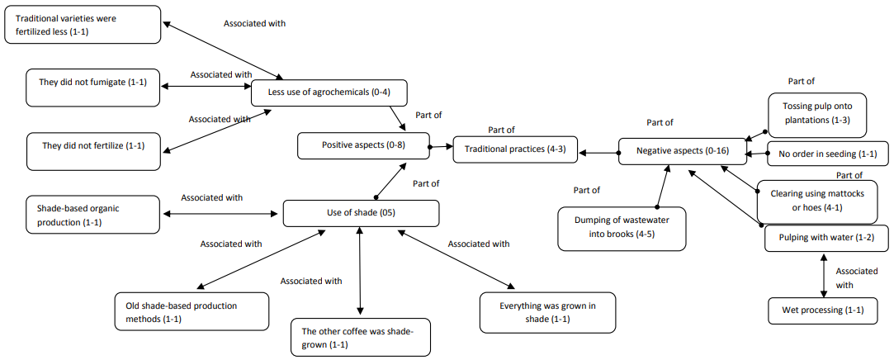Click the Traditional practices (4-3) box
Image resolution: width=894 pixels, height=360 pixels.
point(515,149)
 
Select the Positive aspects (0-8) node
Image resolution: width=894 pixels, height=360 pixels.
point(364,145)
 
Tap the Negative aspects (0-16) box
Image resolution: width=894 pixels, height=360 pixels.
point(682,152)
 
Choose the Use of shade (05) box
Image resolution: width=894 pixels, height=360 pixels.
point(360,213)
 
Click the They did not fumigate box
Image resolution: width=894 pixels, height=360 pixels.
point(92,88)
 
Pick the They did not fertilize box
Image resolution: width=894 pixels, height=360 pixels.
point(92,146)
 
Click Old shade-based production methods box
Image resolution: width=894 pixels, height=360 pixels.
point(192,311)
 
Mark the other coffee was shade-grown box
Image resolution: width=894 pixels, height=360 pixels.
point(361,338)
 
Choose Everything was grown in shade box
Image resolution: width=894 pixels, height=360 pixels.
point(548,311)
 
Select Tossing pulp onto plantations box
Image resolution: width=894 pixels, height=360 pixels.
point(816,114)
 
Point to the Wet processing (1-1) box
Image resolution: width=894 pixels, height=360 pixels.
point(822,310)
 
